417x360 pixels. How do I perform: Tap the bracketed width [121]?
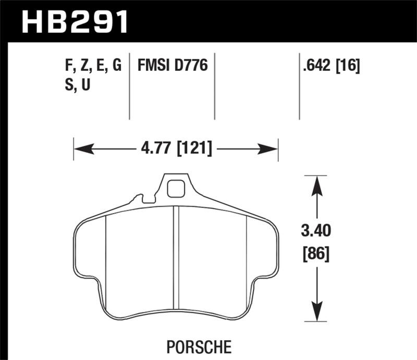click(x=195, y=149)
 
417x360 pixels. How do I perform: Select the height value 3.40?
click(x=316, y=230)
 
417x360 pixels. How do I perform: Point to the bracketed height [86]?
click(x=316, y=255)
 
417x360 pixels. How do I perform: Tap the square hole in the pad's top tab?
click(x=176, y=188)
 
